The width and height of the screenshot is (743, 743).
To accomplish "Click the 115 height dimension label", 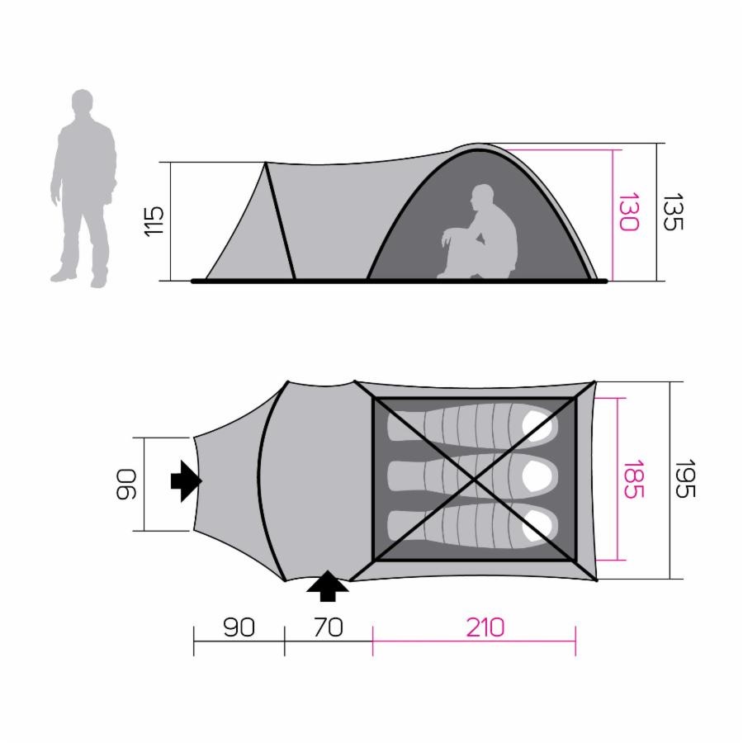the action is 154,222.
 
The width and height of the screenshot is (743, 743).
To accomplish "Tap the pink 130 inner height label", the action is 629,212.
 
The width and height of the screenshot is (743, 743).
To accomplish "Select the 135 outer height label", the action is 673,212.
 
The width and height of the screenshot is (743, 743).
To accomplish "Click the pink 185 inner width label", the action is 633,479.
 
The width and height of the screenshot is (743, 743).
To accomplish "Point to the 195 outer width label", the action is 684,479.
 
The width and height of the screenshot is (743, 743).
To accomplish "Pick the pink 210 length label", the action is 485,627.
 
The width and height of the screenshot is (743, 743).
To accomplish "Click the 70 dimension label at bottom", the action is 329,627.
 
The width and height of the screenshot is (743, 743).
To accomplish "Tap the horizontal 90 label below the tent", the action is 239,627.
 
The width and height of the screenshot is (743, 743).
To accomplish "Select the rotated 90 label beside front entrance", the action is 126,485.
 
